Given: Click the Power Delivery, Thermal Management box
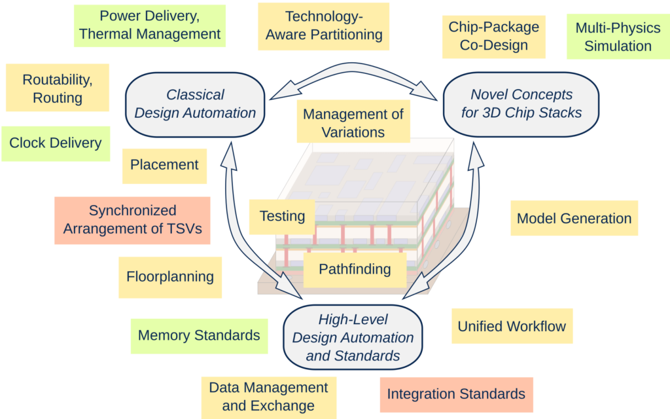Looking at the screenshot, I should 150,26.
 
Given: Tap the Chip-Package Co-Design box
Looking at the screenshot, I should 494,37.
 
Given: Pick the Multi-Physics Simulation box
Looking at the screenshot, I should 618,37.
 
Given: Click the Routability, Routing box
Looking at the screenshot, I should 57,88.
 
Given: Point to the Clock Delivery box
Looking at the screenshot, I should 56,143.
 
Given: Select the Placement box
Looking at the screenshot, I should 164,165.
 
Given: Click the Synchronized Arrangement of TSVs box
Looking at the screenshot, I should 132,220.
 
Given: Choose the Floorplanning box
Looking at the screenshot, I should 170,276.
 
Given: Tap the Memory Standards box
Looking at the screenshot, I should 199,336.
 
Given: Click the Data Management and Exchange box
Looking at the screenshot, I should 268,396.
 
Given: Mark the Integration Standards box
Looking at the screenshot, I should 456,394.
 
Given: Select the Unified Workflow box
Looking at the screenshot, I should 512,326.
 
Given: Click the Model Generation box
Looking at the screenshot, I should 574,219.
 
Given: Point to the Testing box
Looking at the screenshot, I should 282,216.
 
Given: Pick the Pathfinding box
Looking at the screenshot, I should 355,269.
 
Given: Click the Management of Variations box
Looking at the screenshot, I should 353,122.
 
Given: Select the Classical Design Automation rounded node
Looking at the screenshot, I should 195,104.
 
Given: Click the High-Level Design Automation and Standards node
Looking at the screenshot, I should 353,338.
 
